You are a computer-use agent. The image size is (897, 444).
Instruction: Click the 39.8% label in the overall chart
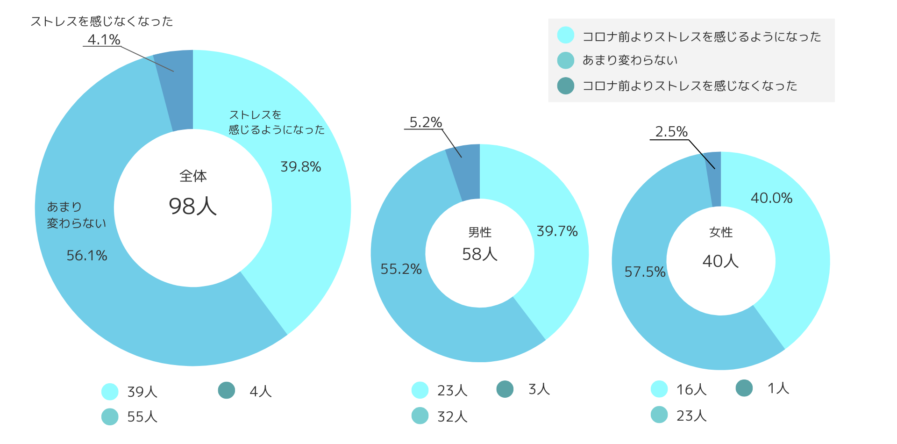(x=300, y=167)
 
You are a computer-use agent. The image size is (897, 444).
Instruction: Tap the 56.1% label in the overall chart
(x=87, y=256)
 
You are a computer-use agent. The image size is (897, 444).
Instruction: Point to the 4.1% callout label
(x=104, y=40)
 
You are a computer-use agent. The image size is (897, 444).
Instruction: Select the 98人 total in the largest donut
(x=192, y=206)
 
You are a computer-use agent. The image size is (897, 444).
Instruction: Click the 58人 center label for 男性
(x=480, y=254)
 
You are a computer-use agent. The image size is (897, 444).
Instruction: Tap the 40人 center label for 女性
(x=720, y=261)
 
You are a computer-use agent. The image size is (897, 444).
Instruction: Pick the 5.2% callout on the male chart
(x=426, y=122)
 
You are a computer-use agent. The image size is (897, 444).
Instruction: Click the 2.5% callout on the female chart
(x=671, y=132)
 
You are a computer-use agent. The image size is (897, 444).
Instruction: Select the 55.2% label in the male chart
(x=401, y=269)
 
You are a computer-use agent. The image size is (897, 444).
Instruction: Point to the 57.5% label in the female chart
(x=645, y=272)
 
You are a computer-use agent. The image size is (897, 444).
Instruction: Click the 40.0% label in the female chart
(x=771, y=198)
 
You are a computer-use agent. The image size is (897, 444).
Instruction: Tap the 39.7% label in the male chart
(x=557, y=231)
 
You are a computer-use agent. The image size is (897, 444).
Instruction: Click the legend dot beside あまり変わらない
(x=566, y=60)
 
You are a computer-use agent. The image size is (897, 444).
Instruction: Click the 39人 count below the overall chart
(x=142, y=392)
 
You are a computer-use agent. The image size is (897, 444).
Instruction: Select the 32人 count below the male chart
(x=452, y=416)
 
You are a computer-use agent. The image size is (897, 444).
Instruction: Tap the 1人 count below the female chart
(x=778, y=388)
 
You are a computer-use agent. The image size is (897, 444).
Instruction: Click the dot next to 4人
(x=227, y=390)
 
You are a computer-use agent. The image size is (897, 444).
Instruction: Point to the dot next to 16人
(x=659, y=389)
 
